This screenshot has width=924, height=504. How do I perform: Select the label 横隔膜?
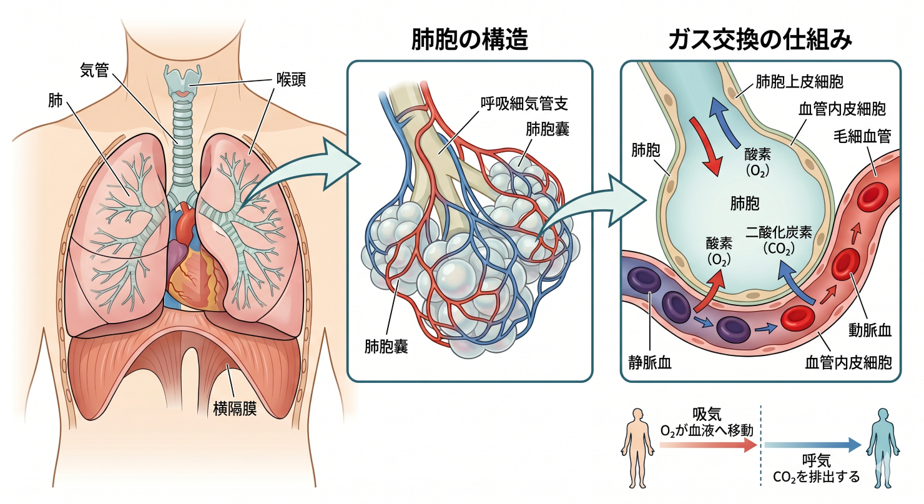tap(235, 409)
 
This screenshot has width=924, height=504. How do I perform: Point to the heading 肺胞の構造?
tap(470, 39)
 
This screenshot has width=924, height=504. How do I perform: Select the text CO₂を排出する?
tap(816, 478)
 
